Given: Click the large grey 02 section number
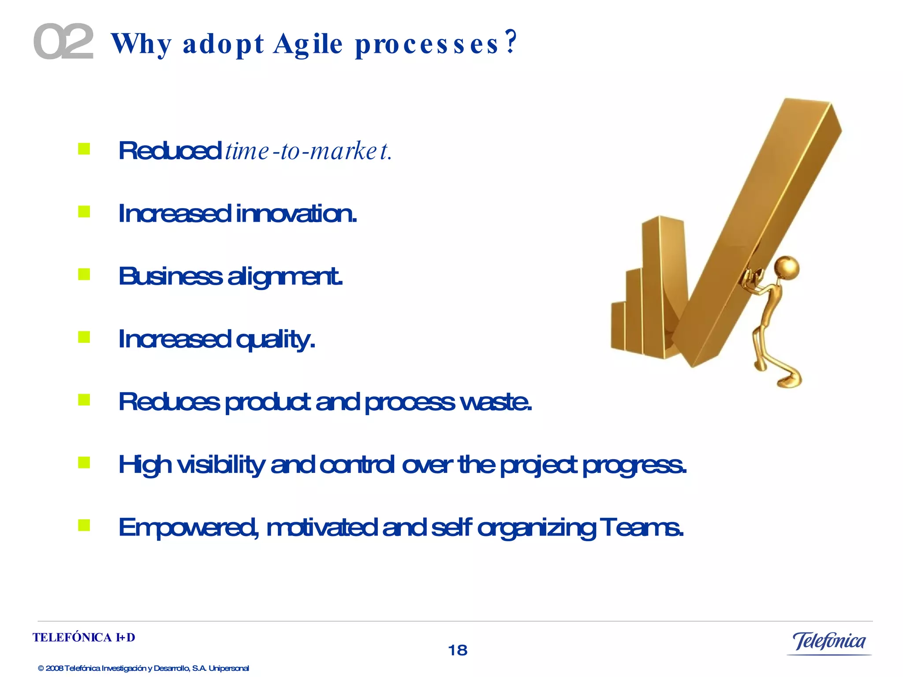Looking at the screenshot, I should pyautogui.click(x=63, y=42).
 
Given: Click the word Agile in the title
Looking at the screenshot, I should pyautogui.click(x=308, y=44).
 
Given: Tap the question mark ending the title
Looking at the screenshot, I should pyautogui.click(x=511, y=42).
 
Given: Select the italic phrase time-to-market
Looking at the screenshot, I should pyautogui.click(x=308, y=151).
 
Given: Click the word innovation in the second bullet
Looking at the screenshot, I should pyautogui.click(x=296, y=214).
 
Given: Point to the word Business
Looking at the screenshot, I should pyautogui.click(x=170, y=276).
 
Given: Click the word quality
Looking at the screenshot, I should pyautogui.click(x=275, y=340).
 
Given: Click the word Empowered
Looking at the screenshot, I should pyautogui.click(x=188, y=528).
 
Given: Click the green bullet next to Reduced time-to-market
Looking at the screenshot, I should pyautogui.click(x=84, y=149).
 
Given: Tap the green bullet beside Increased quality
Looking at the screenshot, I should pyautogui.click(x=84, y=337).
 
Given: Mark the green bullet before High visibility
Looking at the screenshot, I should pyautogui.click(x=84, y=462).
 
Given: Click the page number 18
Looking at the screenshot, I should pyautogui.click(x=457, y=650).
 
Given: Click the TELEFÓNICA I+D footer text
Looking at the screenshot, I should pyautogui.click(x=84, y=637).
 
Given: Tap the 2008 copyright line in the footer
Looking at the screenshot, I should pyautogui.click(x=143, y=668).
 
